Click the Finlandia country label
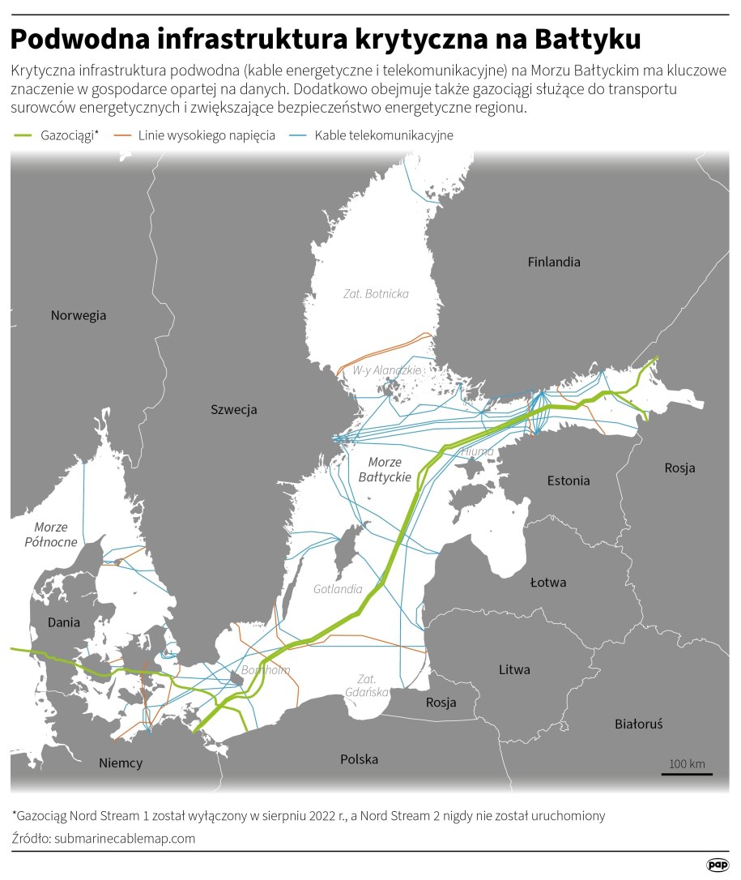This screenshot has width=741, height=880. pyautogui.click(x=554, y=262)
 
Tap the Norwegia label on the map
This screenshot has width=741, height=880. pyautogui.click(x=79, y=315)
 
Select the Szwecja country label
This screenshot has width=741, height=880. pyautogui.click(x=233, y=409)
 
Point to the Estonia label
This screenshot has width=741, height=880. pyautogui.click(x=569, y=480)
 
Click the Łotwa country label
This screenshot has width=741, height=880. pyautogui.click(x=548, y=582)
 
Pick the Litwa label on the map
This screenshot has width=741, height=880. pyautogui.click(x=514, y=669)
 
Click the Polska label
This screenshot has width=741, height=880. pyautogui.click(x=359, y=759)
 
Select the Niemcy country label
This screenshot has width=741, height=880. pyautogui.click(x=120, y=763)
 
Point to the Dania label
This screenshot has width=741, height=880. pyautogui.click(x=64, y=622)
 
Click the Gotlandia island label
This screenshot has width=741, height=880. pyautogui.click(x=338, y=589)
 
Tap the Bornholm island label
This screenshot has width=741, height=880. pyautogui.click(x=266, y=670)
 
